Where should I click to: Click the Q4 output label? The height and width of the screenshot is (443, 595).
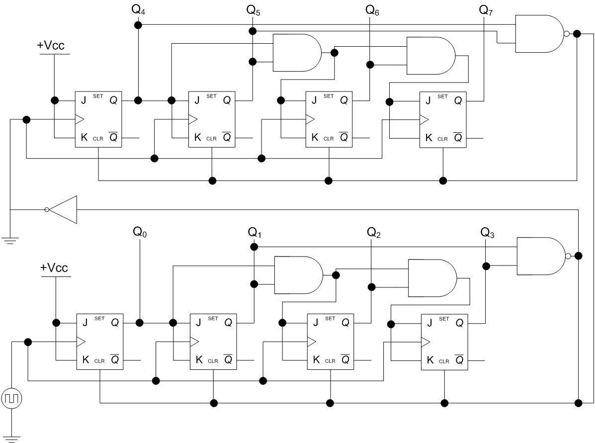coord(138,10)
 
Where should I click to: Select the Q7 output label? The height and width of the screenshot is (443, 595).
coord(486,10)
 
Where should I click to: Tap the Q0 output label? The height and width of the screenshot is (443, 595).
coord(140,232)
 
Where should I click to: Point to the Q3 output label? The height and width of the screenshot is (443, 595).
coord(487,232)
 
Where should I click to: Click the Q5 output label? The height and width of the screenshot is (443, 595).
coord(253,10)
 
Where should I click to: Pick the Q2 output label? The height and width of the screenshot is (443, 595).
coord(373,232)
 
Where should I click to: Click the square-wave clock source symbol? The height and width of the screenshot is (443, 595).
coord(12,399)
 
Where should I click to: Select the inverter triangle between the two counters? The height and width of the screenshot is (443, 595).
coord(61,209)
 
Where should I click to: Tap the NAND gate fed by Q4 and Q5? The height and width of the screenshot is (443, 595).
coord(541,34)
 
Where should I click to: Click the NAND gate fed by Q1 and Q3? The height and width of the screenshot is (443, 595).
coord(543,256)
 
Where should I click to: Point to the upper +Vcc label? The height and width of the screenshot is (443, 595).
coord(51,46)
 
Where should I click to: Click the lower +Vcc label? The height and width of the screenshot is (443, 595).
coord(54,267)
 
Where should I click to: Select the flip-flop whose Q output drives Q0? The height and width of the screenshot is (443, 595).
coord(100,342)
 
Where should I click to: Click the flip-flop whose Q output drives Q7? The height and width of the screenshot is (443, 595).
coord(443,120)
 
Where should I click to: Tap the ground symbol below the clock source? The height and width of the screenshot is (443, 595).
coord(12,439)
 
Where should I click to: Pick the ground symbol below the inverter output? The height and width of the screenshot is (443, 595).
coord(10,241)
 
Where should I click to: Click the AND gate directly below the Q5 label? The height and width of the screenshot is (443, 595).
coord(297,53)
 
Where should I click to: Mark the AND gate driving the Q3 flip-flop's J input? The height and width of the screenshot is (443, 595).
coord(432,278)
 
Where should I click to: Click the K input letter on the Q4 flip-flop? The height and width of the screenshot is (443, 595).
coord(84,137)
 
